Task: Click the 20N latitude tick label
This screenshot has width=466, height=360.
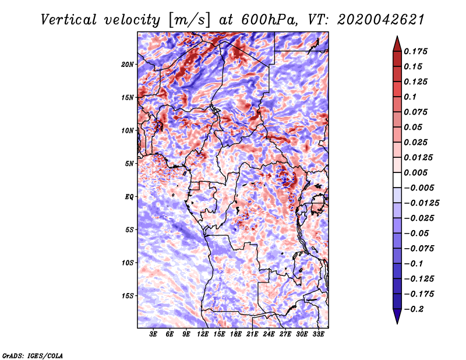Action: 128,64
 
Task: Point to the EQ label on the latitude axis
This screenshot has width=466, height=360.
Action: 129,197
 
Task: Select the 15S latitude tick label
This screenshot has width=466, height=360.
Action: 128,296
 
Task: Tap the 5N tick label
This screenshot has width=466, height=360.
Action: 129,164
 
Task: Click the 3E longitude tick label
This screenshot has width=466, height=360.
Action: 153,334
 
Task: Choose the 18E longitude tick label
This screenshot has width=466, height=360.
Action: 236,334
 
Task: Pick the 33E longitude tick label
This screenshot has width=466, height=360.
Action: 319,334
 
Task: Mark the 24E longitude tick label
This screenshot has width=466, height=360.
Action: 269,334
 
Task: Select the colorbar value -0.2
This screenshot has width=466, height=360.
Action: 416,309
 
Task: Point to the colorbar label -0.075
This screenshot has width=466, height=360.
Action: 421,248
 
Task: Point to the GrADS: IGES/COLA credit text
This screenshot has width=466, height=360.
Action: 33,355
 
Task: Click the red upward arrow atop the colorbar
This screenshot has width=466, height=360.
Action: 396,43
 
